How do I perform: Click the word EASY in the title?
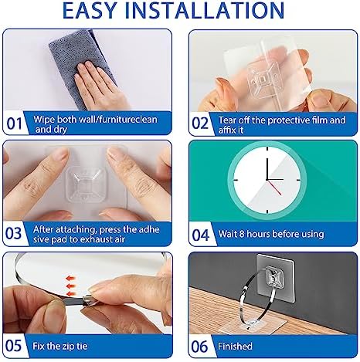90,10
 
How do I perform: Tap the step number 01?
15,123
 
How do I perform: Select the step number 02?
200,123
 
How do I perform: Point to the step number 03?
14,234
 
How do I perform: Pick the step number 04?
201,235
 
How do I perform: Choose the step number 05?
14,346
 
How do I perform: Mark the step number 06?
199,347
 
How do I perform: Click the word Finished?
235,346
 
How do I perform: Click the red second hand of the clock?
274,187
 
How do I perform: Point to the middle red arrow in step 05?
70,286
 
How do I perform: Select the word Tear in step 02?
227,120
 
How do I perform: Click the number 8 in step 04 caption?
242,234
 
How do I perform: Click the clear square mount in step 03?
87,184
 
